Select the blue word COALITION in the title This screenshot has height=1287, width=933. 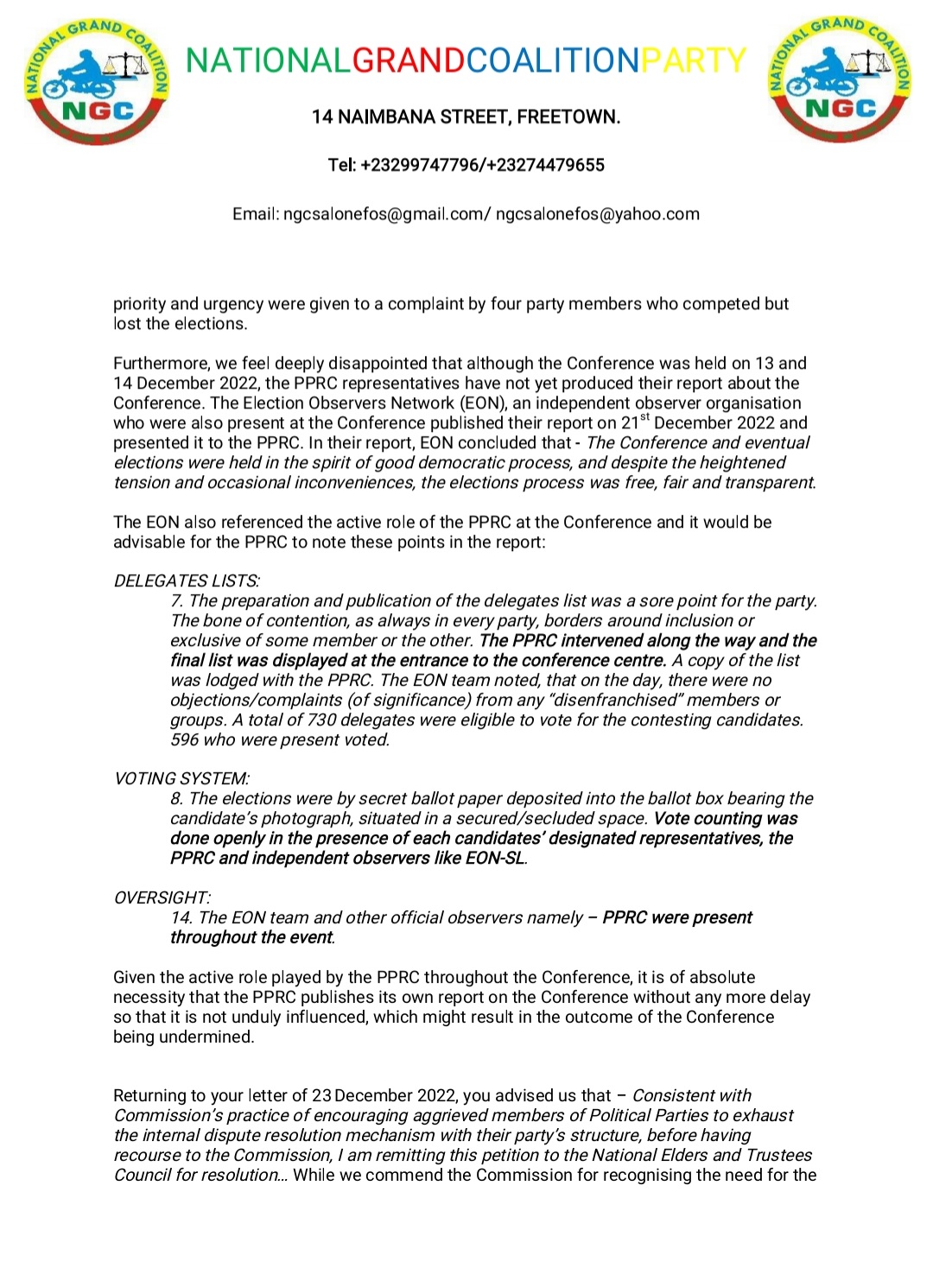553,60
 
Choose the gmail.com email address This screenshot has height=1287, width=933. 384,214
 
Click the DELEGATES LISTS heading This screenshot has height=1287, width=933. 187,580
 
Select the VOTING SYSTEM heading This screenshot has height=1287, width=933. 181,778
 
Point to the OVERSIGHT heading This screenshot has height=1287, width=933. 162,897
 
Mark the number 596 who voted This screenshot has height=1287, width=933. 184,739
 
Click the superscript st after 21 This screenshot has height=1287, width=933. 644,418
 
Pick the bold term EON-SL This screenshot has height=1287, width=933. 495,858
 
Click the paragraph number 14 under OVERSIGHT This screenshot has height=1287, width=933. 181,917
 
